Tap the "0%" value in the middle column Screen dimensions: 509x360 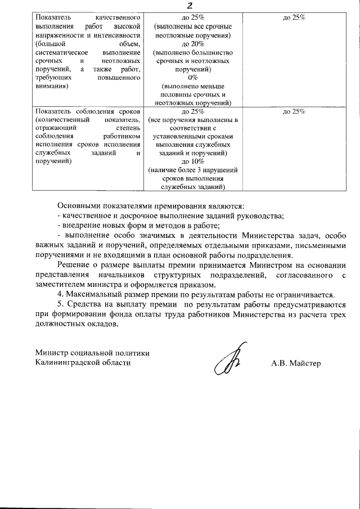189,78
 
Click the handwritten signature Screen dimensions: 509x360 228,362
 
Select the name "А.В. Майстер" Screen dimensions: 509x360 296,363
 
